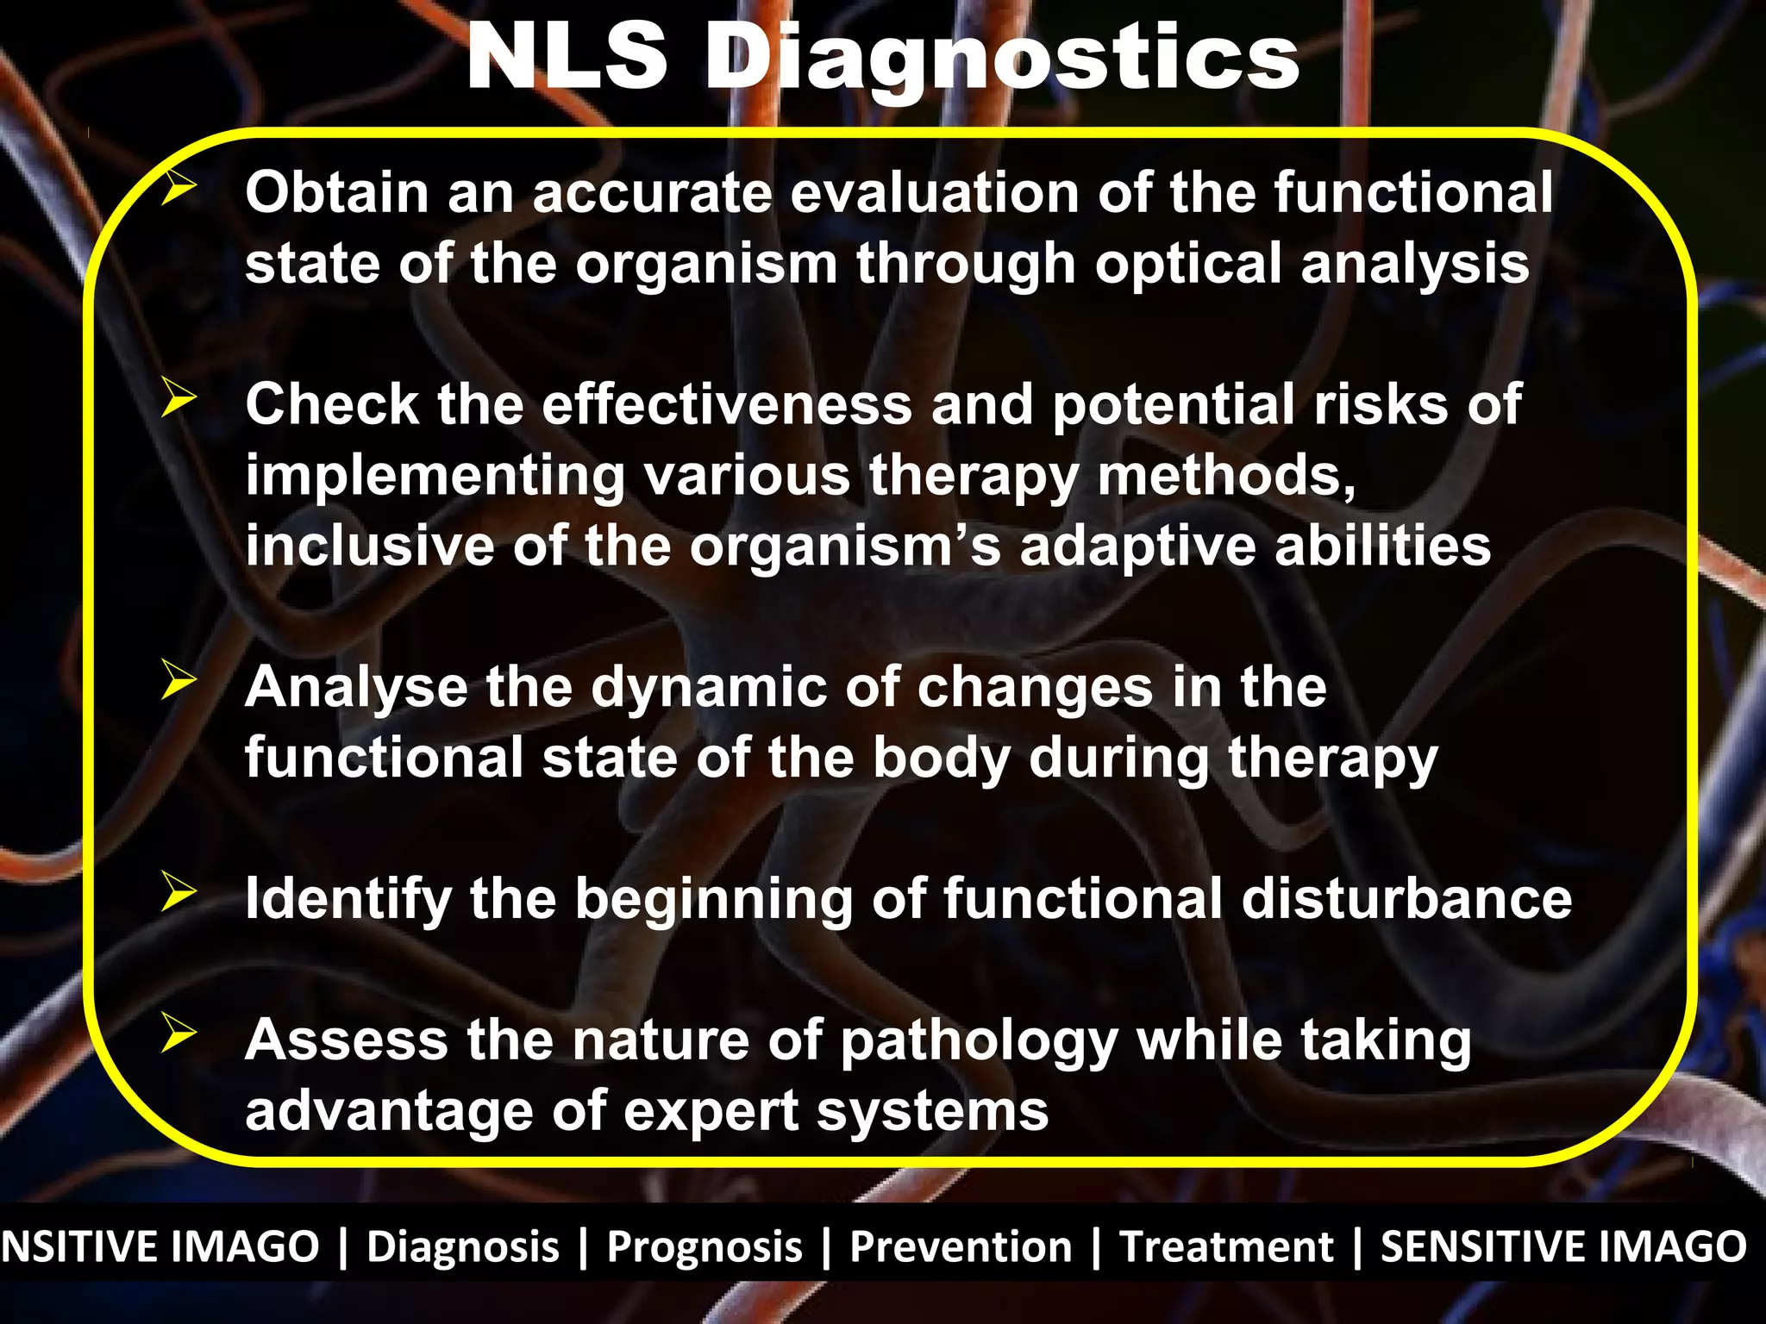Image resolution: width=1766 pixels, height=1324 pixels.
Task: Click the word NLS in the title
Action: tap(567, 58)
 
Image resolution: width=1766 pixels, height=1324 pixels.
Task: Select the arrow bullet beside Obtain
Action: tap(178, 188)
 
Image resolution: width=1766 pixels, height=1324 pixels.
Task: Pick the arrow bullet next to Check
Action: tap(178, 399)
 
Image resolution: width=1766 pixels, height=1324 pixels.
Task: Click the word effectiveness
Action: tap(727, 404)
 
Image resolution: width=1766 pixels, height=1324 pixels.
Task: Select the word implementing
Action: tap(435, 477)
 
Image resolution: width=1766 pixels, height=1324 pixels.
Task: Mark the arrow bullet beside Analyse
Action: tap(178, 682)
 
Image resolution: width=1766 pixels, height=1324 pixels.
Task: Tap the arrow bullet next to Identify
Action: tap(178, 893)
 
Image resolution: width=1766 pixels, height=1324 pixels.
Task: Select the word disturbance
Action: tap(1406, 899)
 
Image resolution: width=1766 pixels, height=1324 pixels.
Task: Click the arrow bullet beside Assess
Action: tap(178, 1034)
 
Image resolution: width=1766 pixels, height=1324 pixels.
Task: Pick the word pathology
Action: tap(979, 1042)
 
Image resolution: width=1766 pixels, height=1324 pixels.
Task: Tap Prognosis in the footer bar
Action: tap(705, 1246)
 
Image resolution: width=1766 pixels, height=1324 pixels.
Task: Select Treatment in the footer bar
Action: tap(1226, 1246)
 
